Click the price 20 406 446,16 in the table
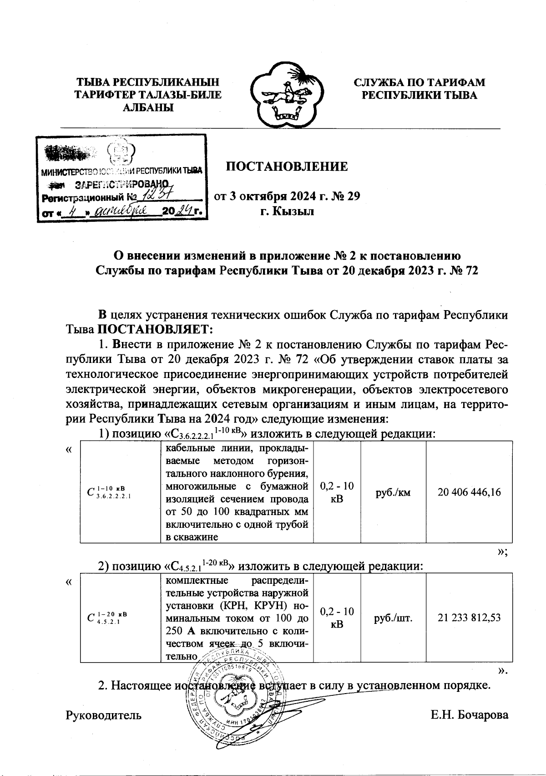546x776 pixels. [469, 492]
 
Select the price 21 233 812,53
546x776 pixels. [469, 618]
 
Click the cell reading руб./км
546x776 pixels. [393, 492]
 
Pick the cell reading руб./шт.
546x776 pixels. [393, 618]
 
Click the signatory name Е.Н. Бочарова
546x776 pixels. [469, 715]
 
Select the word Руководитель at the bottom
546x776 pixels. [104, 715]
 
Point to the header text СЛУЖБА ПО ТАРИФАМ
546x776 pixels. [419, 82]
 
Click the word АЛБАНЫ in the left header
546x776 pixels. [148, 108]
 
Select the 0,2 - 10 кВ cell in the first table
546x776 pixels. [337, 492]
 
